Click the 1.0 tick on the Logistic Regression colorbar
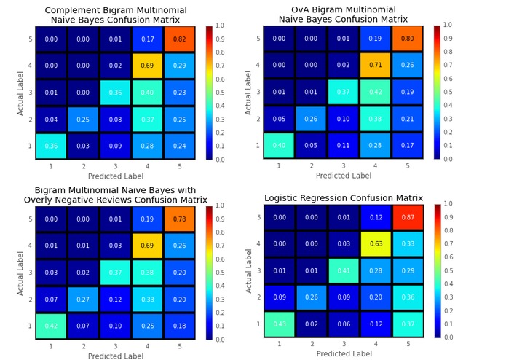click(448, 204)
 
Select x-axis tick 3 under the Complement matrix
click(115, 167)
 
